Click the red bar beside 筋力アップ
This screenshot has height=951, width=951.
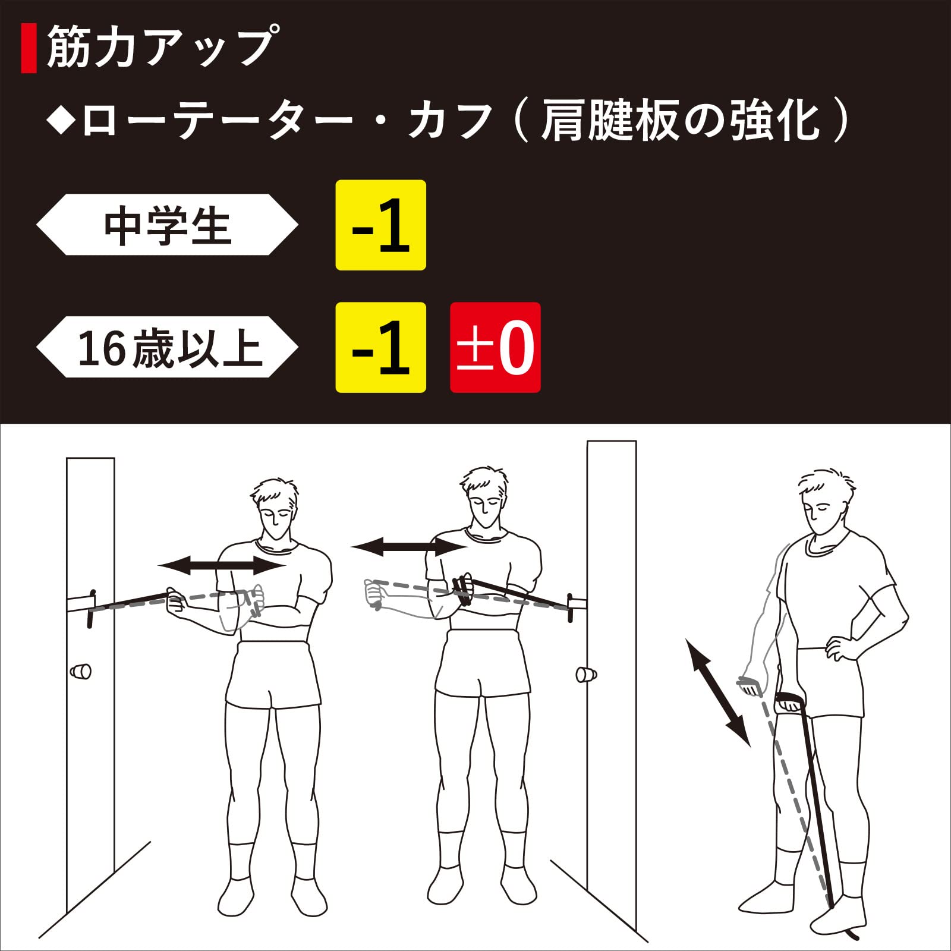(29, 48)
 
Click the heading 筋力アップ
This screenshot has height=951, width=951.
(160, 47)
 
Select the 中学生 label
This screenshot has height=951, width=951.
(167, 225)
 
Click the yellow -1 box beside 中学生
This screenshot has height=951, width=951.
(381, 225)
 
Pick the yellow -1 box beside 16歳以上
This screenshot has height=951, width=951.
(381, 348)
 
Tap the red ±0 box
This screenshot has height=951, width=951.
(495, 348)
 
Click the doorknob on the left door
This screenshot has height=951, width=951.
(81, 672)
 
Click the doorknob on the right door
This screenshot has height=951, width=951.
(586, 675)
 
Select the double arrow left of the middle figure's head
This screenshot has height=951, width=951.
(410, 546)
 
